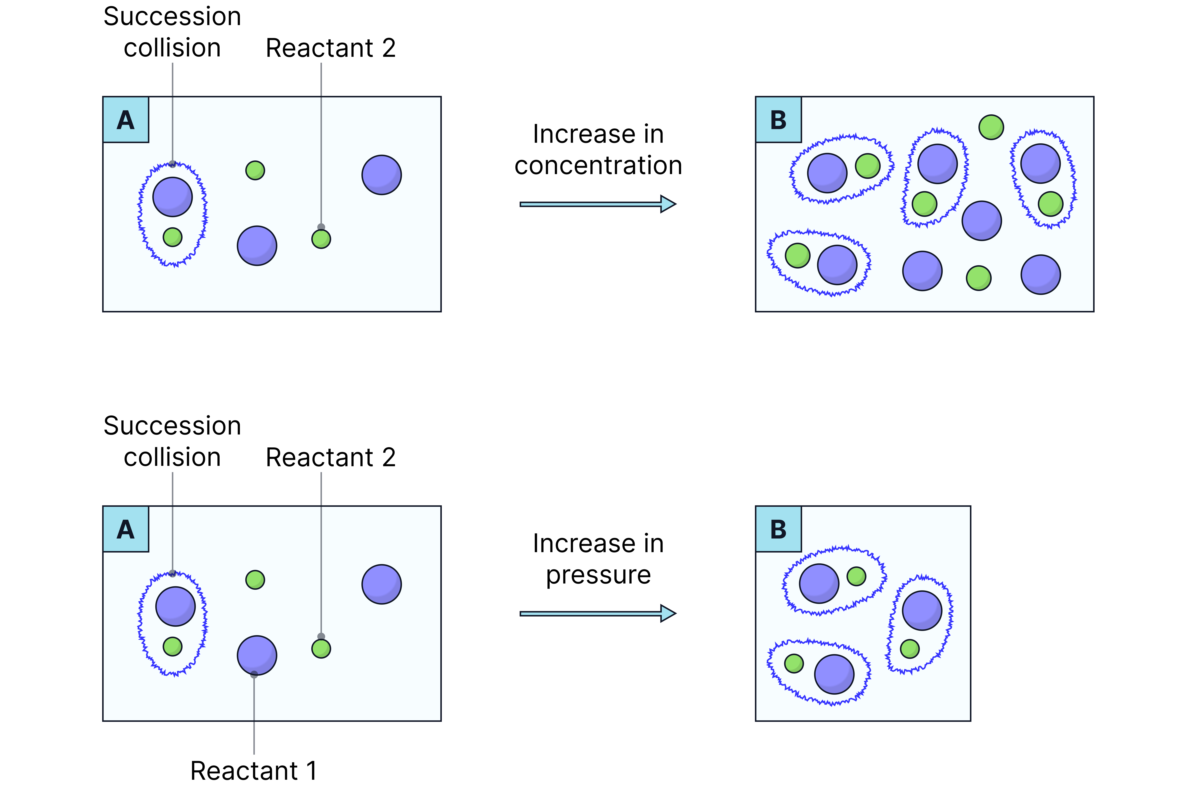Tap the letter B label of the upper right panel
coord(778,120)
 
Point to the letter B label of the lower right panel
coord(778,529)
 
